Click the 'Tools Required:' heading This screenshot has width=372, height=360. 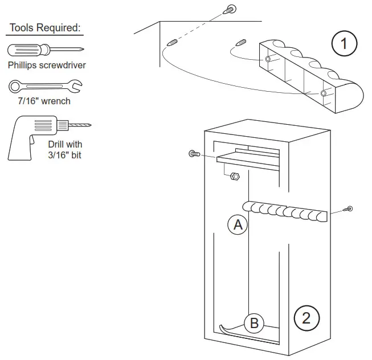click(45, 28)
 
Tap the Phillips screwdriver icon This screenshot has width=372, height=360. click(46, 50)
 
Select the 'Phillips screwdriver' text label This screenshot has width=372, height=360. click(47, 65)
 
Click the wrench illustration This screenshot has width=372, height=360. click(46, 87)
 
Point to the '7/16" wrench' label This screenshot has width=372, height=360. click(46, 102)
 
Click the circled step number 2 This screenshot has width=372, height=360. click(306, 317)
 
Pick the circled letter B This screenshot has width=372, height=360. click(254, 324)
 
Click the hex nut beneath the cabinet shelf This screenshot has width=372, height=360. click(234, 177)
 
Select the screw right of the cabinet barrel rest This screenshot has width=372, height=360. click(349, 210)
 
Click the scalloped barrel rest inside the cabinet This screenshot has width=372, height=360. click(285, 211)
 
